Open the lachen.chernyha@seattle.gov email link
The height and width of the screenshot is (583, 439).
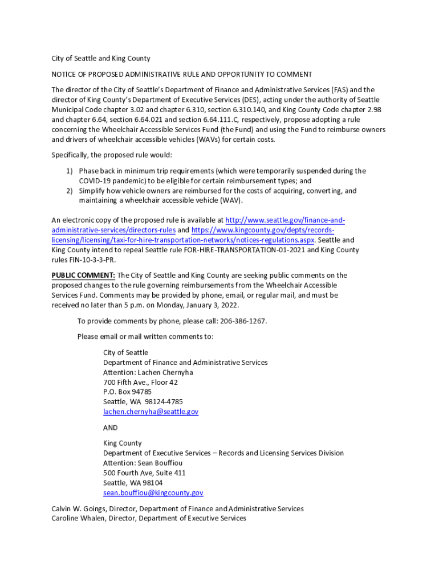coord(151,412)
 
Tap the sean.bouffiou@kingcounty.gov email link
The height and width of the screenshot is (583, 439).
coord(153,493)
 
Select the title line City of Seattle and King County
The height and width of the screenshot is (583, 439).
coord(101,59)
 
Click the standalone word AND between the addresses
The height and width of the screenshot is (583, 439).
coord(111,428)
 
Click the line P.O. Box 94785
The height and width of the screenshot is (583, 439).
coord(127,392)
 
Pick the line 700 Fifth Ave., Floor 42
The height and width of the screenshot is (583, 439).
coord(140,383)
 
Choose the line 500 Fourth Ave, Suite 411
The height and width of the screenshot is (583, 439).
coord(144,473)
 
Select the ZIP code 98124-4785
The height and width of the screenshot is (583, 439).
coord(162,402)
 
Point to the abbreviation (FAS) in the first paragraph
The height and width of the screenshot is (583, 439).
coord(339,90)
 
